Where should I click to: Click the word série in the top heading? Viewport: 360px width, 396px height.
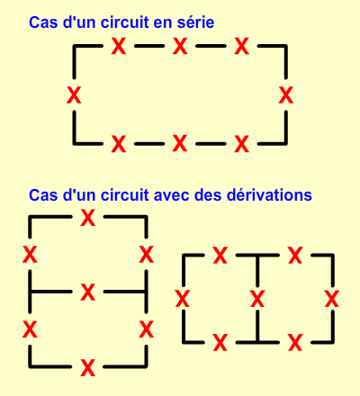[195, 22]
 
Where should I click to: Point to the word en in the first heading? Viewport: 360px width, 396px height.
[163, 23]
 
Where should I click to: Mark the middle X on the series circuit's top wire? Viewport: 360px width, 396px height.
[180, 46]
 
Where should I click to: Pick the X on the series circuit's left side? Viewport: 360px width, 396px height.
[74, 94]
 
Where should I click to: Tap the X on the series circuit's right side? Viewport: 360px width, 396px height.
[286, 94]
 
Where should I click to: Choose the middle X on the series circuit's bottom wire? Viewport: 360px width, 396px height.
[180, 143]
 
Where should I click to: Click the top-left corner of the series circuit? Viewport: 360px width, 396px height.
[74, 46]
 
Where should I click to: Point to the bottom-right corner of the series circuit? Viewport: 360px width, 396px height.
[286, 144]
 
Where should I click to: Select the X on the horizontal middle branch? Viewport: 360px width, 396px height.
[88, 292]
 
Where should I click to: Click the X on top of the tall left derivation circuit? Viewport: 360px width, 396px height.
[88, 218]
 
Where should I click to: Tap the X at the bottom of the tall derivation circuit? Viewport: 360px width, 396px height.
[88, 367]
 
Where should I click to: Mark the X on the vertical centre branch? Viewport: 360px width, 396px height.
[257, 299]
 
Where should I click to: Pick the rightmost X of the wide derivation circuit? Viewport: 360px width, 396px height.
[332, 299]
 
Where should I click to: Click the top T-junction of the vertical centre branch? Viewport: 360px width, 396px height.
[257, 256]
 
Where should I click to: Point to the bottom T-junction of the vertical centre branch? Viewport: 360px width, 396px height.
[257, 342]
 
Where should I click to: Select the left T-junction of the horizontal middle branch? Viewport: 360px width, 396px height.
[30, 292]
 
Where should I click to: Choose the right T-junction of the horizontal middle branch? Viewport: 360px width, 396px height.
[146, 292]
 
